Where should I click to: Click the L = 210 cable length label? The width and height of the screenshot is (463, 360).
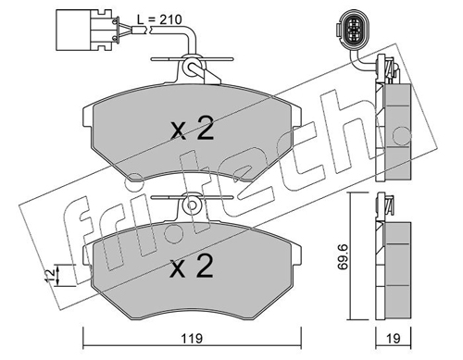click(x=159, y=19)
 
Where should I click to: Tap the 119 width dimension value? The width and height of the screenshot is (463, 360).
click(x=192, y=339)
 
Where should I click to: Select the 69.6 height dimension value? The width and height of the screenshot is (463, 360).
click(x=343, y=256)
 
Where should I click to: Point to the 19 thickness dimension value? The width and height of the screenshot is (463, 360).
click(x=393, y=339)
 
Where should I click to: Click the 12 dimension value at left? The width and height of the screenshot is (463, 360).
click(x=50, y=275)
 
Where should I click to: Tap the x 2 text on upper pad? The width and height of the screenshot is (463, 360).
click(x=193, y=130)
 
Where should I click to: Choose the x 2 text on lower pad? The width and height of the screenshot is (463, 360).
click(x=192, y=267)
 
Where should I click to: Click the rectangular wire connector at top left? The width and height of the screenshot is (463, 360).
click(x=87, y=30)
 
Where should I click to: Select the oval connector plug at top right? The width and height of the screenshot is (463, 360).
click(x=351, y=31)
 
